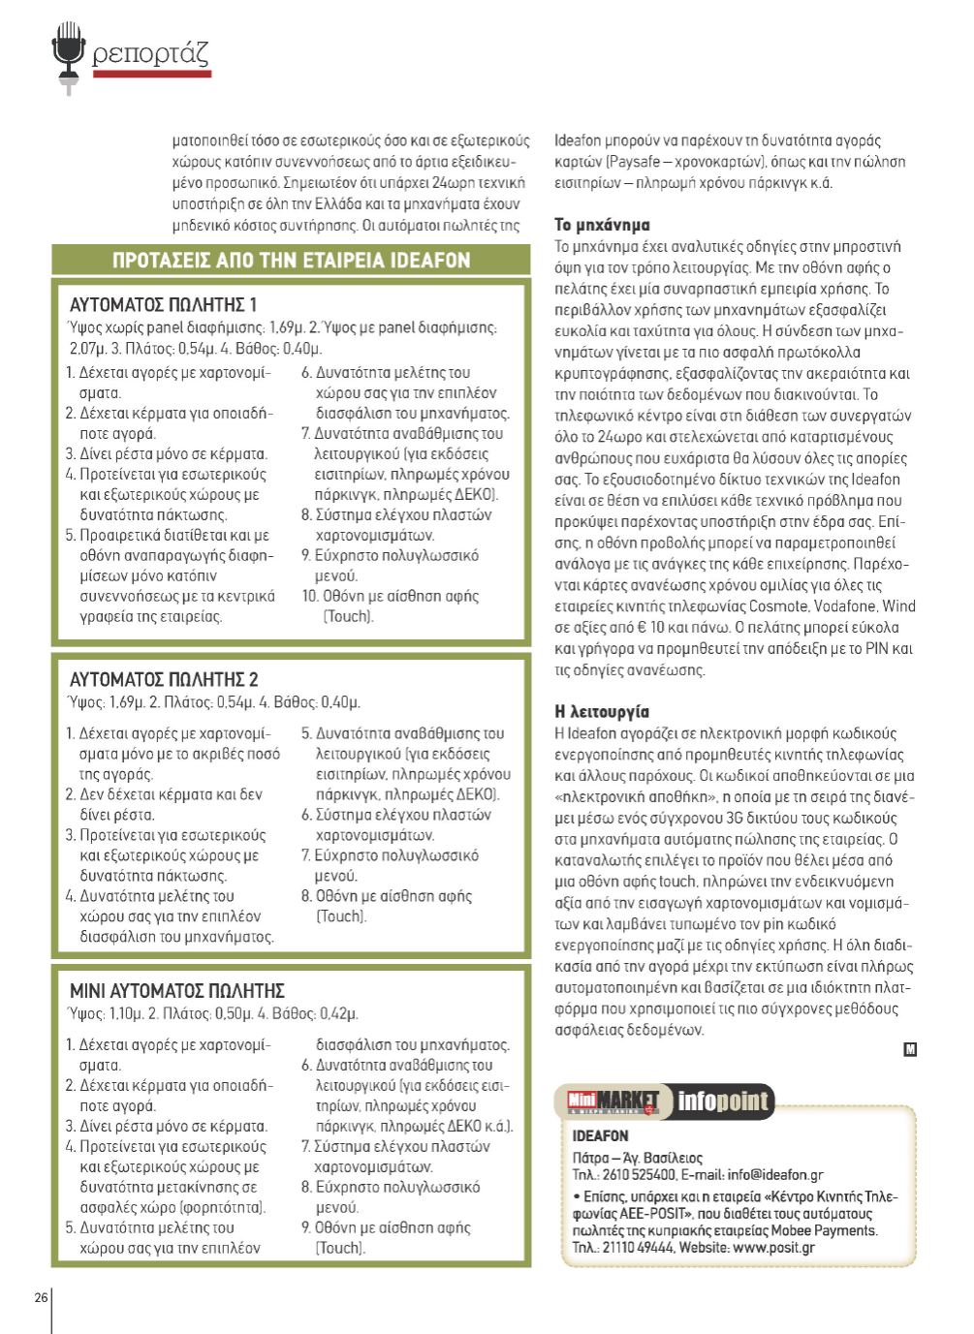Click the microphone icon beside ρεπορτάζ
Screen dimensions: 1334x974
coord(68,56)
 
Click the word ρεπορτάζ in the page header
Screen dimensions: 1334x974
coord(150,53)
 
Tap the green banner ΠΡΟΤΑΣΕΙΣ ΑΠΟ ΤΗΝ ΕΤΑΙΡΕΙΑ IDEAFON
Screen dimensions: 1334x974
coord(291,261)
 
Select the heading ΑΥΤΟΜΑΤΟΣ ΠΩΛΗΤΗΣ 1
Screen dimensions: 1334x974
coord(163,305)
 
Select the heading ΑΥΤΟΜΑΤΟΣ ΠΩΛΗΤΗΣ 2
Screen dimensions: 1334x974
coord(164,679)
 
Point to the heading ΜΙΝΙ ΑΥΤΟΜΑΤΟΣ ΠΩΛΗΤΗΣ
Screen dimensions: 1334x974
coord(176,991)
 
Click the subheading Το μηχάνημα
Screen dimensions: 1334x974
coord(602,225)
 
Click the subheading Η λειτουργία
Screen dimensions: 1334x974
coord(602,712)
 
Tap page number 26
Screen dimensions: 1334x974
coord(41,1297)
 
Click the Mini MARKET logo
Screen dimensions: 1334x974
coord(613,1101)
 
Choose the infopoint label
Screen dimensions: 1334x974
coord(722,1101)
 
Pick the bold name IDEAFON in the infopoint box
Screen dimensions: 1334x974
coord(600,1135)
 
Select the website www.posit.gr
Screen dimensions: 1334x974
coord(773,1248)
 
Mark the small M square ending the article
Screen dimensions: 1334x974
coord(910,1049)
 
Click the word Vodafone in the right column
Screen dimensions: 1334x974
coord(845,606)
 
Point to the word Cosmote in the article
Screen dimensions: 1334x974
coord(778,606)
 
